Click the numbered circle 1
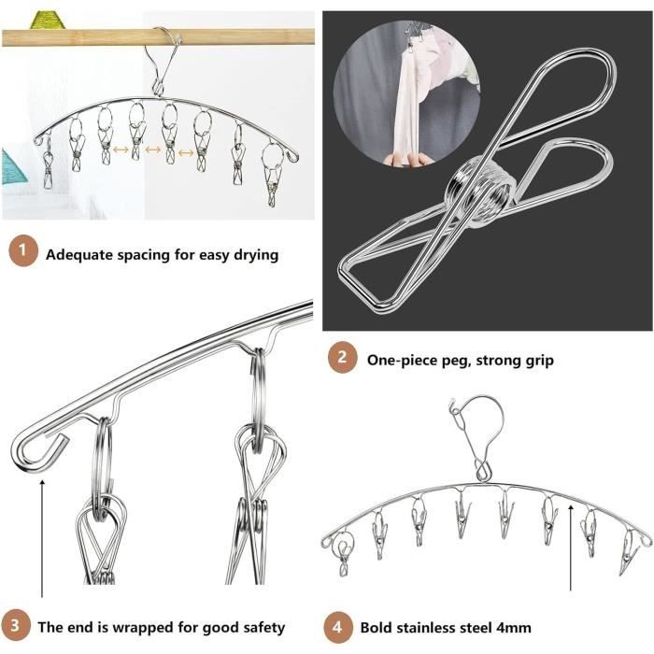tap(23, 251)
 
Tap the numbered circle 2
tap(343, 358)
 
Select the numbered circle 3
tap(15, 626)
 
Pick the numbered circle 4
tap(337, 627)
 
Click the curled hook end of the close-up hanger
tap(38, 452)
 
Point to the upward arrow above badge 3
tap(42, 538)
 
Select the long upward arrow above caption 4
tap(571, 547)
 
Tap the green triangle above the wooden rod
tap(49, 21)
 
